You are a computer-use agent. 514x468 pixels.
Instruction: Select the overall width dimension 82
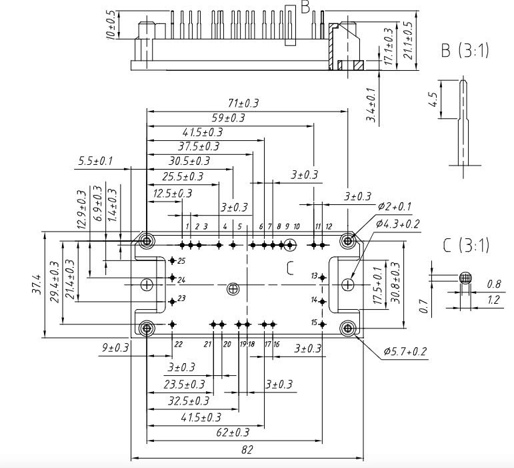pyautogui.click(x=247, y=450)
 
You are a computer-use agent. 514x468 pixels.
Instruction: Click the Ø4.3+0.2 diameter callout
pyautogui.click(x=398, y=224)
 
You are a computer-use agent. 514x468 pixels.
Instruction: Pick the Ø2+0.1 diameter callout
pyautogui.click(x=395, y=206)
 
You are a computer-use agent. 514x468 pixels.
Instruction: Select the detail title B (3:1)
pyautogui.click(x=465, y=51)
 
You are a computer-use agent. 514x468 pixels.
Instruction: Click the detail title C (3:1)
pyautogui.click(x=466, y=245)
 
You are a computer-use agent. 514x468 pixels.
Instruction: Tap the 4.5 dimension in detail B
pyautogui.click(x=433, y=100)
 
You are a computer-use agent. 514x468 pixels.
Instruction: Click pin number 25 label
pyautogui.click(x=181, y=260)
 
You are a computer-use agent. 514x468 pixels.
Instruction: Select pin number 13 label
pyautogui.click(x=314, y=276)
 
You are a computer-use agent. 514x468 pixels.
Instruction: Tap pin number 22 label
pyautogui.click(x=178, y=344)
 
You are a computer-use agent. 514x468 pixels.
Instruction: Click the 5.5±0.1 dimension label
pyautogui.click(x=95, y=162)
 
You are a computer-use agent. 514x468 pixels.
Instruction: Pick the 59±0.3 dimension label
pyautogui.click(x=228, y=118)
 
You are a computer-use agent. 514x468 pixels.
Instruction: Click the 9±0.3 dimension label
pyautogui.click(x=115, y=348)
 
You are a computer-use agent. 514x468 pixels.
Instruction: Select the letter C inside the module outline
pyautogui.click(x=290, y=268)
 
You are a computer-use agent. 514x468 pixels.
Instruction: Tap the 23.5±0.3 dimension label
pyautogui.click(x=185, y=385)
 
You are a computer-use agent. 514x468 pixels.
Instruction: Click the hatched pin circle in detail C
pyautogui.click(x=465, y=278)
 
